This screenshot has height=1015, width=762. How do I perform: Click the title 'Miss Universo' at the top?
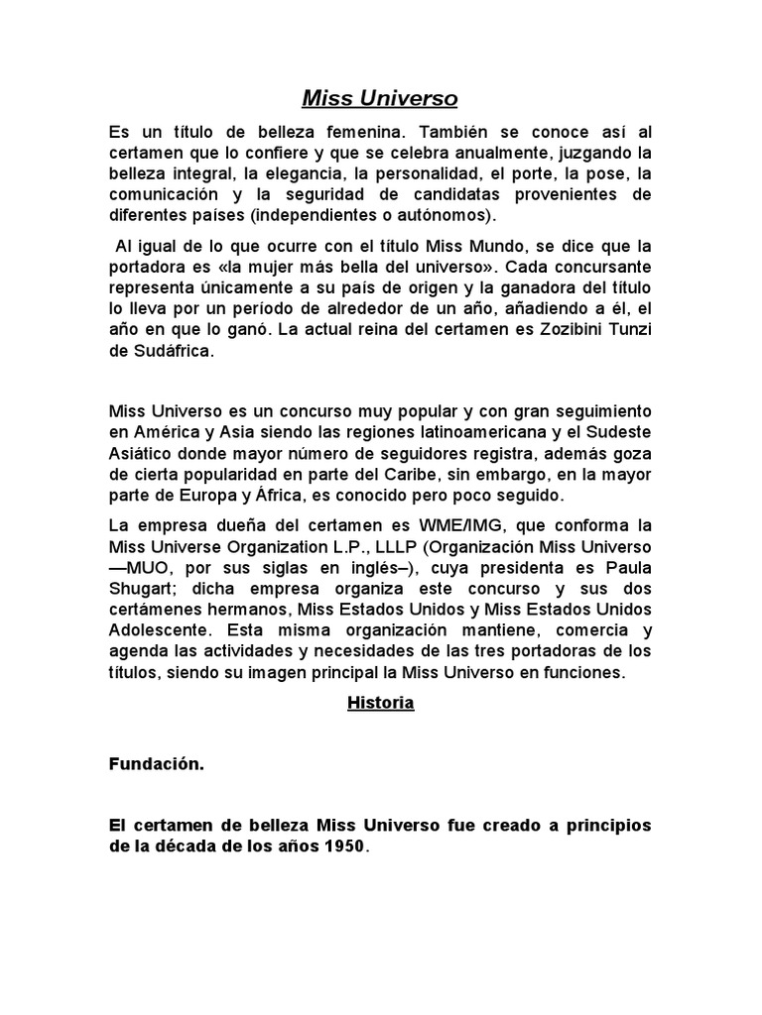tap(380, 99)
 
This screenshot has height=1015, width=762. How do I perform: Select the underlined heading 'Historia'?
tap(380, 704)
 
